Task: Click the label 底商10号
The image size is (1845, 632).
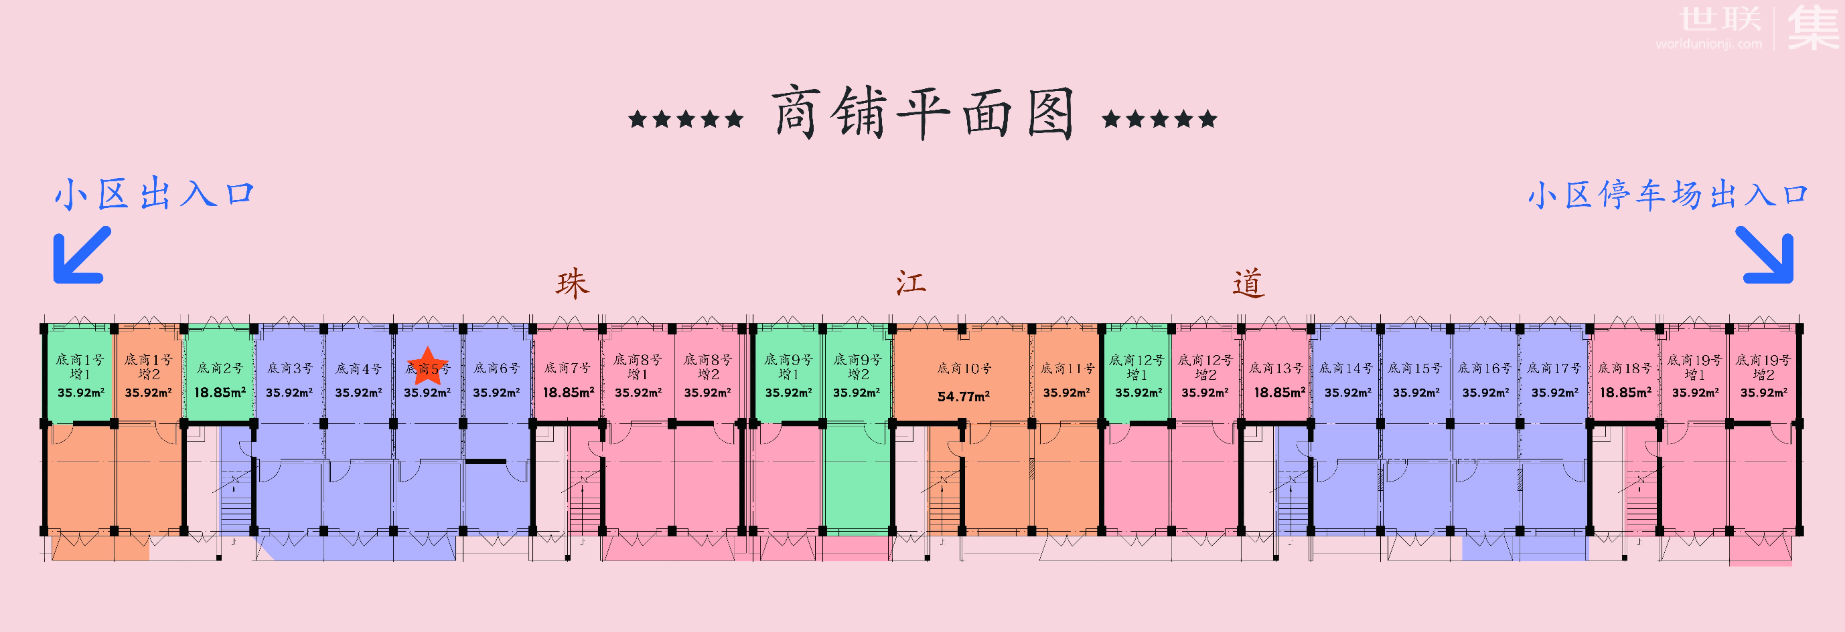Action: coord(964,368)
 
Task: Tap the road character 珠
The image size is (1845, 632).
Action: coord(572,283)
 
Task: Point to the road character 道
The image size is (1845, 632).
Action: coord(1248,283)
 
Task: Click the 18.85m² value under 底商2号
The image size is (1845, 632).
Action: coord(220,392)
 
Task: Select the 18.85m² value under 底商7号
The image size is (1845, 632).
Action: coord(568,392)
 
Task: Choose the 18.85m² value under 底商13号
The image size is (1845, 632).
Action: coord(1279,392)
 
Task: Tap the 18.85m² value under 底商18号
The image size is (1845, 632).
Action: coord(1625,392)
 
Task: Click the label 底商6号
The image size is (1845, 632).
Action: coord(496,368)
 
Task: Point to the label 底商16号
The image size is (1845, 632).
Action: coord(1485,368)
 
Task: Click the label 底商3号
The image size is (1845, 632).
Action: coord(289,368)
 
